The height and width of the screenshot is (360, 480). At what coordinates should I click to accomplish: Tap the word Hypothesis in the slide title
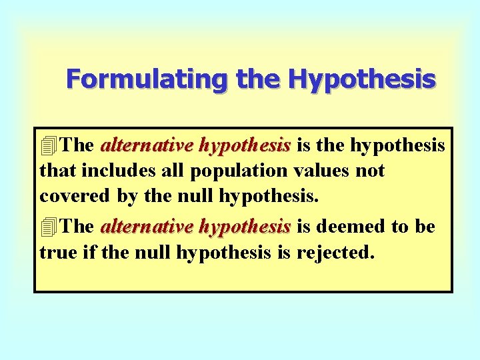click(362, 79)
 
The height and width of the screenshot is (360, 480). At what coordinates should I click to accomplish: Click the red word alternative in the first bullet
click(139, 145)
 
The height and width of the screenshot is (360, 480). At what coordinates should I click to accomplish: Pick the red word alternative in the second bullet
click(139, 227)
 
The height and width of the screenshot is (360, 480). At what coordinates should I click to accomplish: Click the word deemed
click(351, 227)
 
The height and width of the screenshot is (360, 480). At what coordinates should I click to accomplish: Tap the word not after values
click(370, 171)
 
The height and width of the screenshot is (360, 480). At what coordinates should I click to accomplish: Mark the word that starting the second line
click(58, 171)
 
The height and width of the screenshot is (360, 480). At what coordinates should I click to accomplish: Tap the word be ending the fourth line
click(425, 227)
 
